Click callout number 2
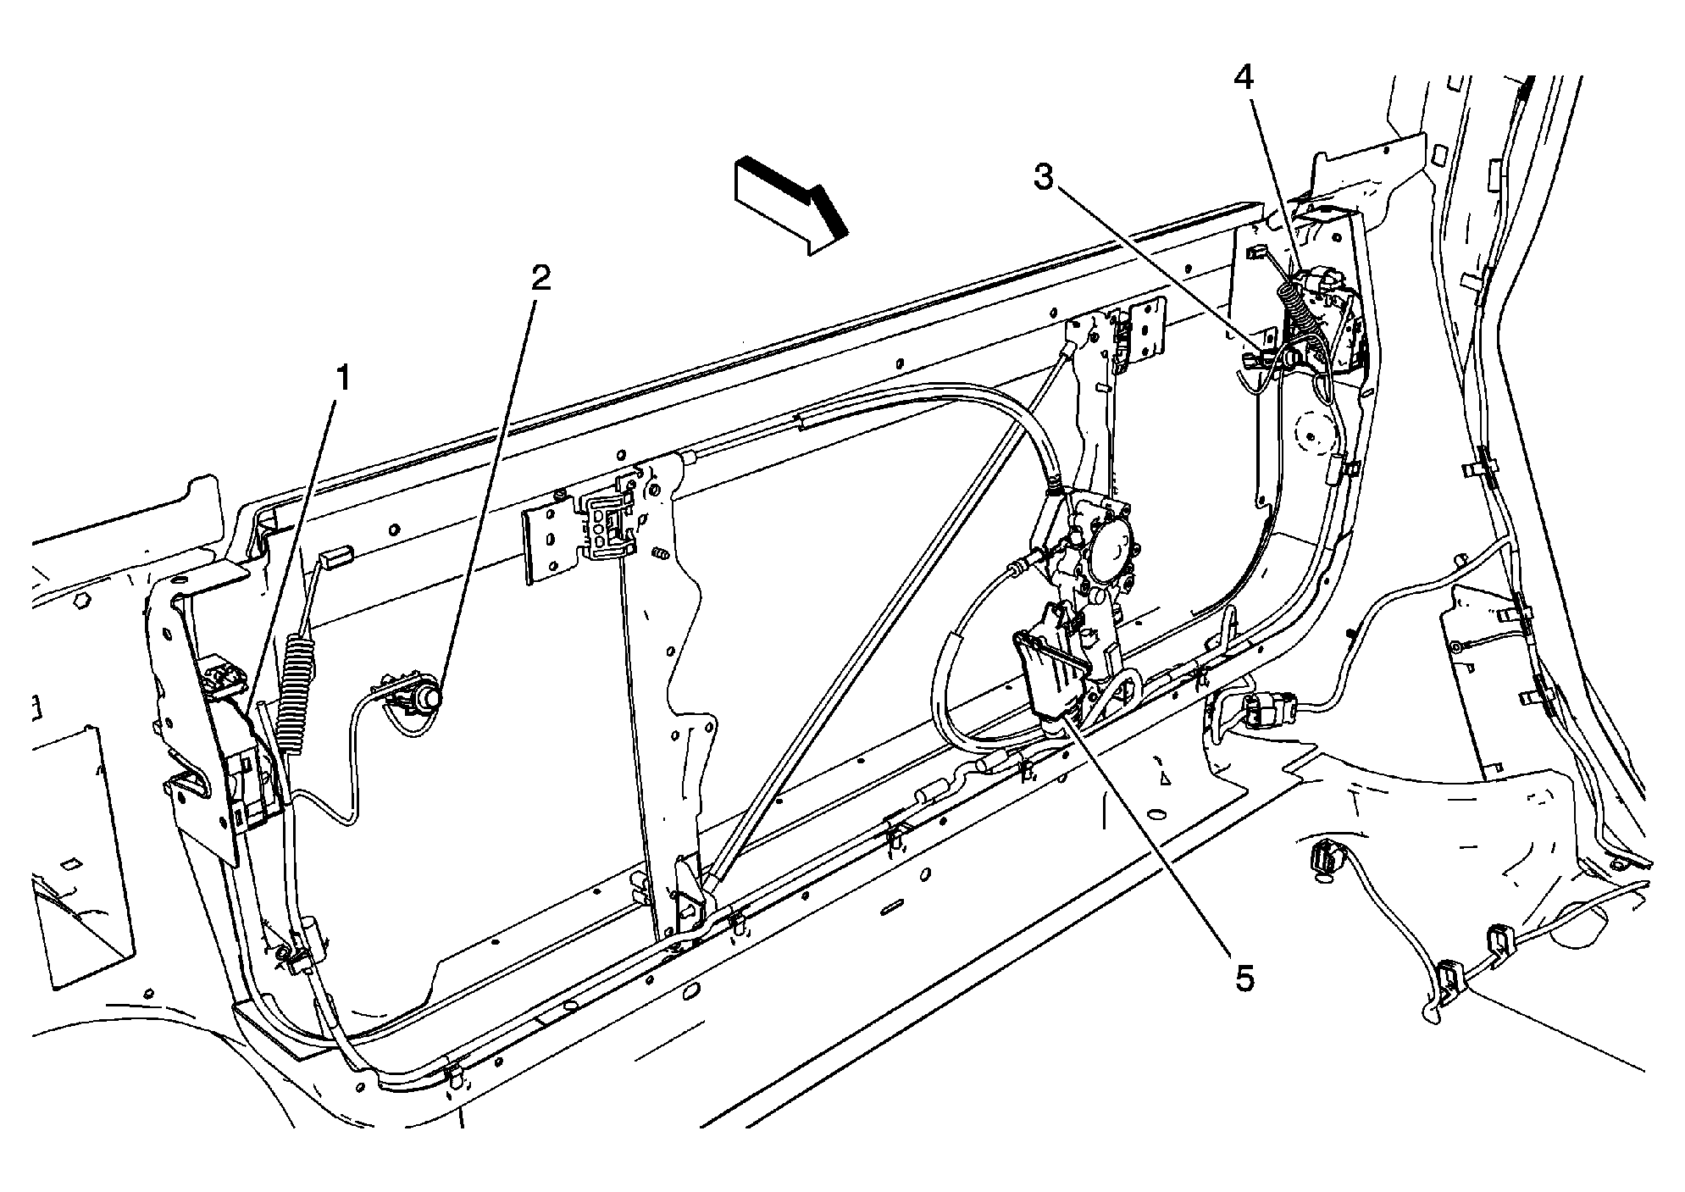click(x=540, y=277)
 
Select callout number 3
click(x=1045, y=179)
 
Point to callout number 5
click(x=1243, y=979)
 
